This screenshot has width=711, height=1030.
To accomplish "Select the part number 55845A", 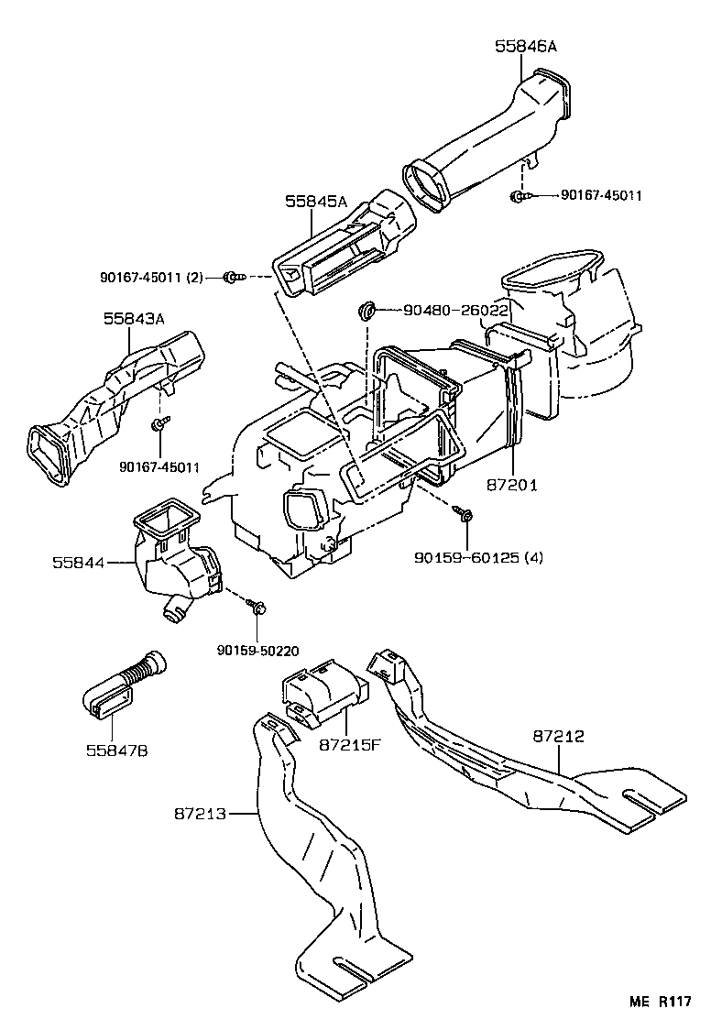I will pos(315,201).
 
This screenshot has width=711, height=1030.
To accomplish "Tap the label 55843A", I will pos(134,319).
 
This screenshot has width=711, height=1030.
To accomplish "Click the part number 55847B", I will pos(117,751).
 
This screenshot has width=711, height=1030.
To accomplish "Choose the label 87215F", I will pos(349,745).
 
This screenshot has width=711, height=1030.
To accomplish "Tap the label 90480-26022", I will pos(455,311).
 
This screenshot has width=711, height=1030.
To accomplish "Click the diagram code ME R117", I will pos(659,1001).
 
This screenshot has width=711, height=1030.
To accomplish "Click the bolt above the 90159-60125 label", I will pos(465,516).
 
